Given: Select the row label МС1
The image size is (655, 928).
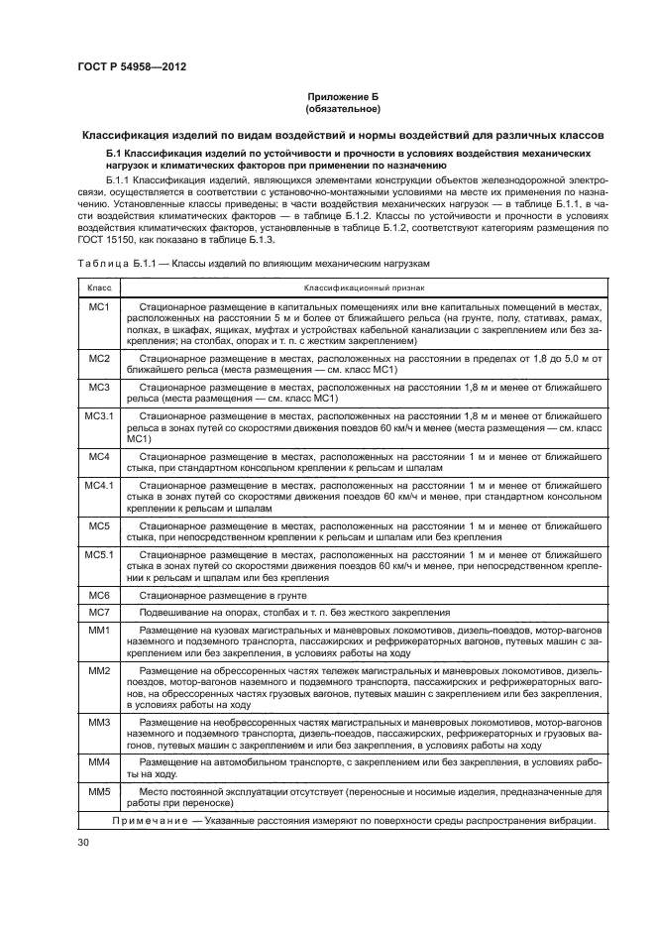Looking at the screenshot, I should click(99, 307).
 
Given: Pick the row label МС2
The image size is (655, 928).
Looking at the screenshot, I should click(99, 356).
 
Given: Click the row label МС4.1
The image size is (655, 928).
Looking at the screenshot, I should click(99, 486).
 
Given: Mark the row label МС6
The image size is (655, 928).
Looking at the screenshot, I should click(99, 595).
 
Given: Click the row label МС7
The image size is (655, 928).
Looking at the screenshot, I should click(99, 613).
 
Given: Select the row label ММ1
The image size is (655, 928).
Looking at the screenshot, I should click(99, 631).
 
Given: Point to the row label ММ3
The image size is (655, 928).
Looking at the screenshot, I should click(99, 723).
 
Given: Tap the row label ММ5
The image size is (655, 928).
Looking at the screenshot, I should click(99, 792).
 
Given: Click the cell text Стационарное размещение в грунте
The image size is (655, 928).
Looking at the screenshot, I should click(224, 595).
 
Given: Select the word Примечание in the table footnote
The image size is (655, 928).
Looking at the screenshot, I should click(146, 821).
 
